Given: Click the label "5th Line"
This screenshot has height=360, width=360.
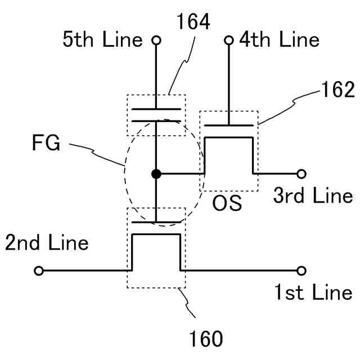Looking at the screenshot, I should [106, 40].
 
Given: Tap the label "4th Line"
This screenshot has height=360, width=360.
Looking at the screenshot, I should [280, 40].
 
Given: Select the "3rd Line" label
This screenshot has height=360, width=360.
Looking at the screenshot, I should [313, 196].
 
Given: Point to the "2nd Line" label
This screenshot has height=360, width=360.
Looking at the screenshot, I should [47, 243].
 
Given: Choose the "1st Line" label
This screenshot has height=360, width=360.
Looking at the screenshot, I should [313, 292].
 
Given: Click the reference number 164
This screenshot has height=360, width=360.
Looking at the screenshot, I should [192, 22].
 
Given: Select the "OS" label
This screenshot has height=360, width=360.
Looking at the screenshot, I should [227, 203].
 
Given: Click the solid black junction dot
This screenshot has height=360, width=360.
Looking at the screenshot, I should [156, 174].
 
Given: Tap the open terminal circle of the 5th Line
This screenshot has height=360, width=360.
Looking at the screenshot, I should [156, 40].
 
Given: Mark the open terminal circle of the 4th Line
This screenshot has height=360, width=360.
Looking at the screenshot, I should [229, 40].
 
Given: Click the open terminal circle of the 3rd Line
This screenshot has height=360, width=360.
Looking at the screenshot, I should [301, 174].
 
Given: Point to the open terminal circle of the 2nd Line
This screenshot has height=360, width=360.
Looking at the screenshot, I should [39, 271].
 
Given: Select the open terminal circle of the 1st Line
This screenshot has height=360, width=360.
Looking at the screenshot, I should [301, 271].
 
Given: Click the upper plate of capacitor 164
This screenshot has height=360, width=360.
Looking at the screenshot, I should [156, 109].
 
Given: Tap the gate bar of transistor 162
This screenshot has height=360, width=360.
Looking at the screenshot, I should [229, 125].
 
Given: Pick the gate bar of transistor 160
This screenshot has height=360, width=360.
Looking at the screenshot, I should [156, 222].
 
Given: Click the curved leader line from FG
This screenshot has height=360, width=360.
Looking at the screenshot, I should [98, 150].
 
